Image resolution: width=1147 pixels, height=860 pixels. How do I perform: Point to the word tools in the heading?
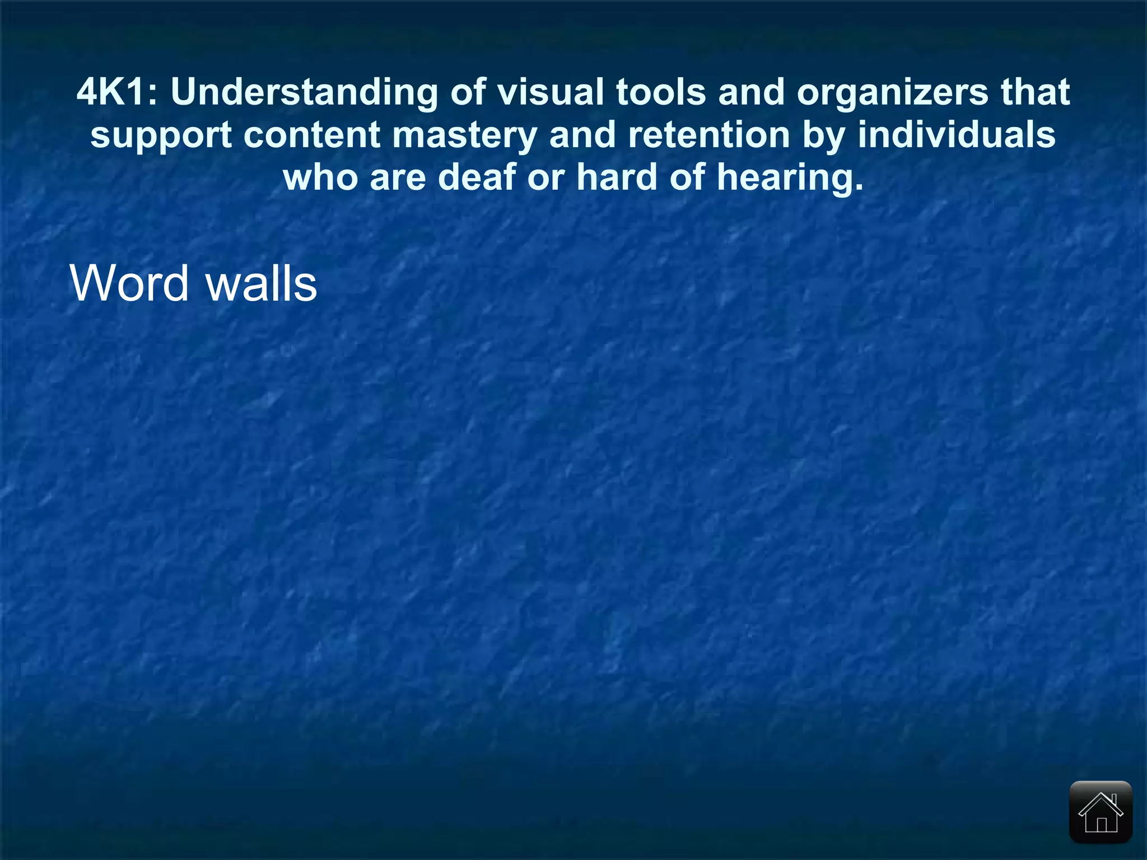point(661,92)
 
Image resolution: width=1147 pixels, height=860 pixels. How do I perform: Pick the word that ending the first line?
point(1036,92)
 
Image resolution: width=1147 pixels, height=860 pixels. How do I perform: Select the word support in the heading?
point(161,136)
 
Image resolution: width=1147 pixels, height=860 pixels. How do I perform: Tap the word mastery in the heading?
point(464,136)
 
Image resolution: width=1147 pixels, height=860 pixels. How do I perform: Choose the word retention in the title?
point(709,135)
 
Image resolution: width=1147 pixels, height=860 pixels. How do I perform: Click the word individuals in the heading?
point(957,135)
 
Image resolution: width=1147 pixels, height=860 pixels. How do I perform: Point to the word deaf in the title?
point(477,177)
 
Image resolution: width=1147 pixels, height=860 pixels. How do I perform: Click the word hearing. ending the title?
point(790,179)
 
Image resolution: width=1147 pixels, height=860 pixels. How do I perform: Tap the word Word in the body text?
point(129,283)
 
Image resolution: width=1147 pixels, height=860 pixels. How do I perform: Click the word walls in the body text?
point(262,283)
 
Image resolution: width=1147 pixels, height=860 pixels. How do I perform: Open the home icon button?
point(1101,812)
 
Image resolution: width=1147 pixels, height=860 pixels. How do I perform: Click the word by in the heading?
point(823,136)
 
